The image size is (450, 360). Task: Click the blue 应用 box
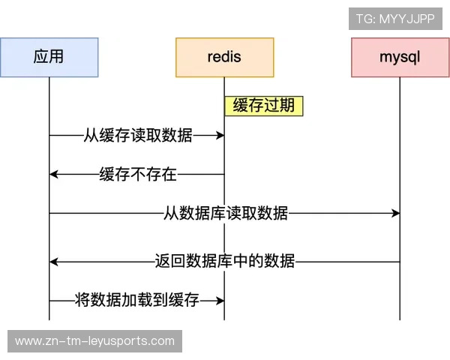(x=49, y=57)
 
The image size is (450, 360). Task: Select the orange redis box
(x=224, y=57)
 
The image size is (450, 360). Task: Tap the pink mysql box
(x=400, y=57)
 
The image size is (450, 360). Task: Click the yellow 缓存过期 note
(x=263, y=106)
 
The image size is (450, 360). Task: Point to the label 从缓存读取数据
(x=137, y=136)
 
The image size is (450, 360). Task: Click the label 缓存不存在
(x=137, y=175)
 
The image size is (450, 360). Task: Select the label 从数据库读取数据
(x=225, y=214)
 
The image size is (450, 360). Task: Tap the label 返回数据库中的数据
(x=224, y=262)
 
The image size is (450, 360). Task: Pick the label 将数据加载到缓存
(x=137, y=300)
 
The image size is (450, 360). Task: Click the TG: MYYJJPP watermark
(x=395, y=19)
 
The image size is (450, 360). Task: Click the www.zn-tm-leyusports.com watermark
(x=95, y=341)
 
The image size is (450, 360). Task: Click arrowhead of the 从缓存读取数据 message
(x=220, y=136)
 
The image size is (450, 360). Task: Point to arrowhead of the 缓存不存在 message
(x=54, y=175)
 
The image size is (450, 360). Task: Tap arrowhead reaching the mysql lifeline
(x=395, y=214)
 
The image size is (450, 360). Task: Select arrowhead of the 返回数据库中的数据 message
(x=54, y=262)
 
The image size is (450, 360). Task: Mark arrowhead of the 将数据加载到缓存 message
(x=220, y=300)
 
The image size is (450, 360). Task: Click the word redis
(x=224, y=57)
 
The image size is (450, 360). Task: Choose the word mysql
(x=400, y=57)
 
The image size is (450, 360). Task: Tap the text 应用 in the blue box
(x=49, y=57)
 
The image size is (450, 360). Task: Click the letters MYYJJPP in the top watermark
(x=407, y=19)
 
